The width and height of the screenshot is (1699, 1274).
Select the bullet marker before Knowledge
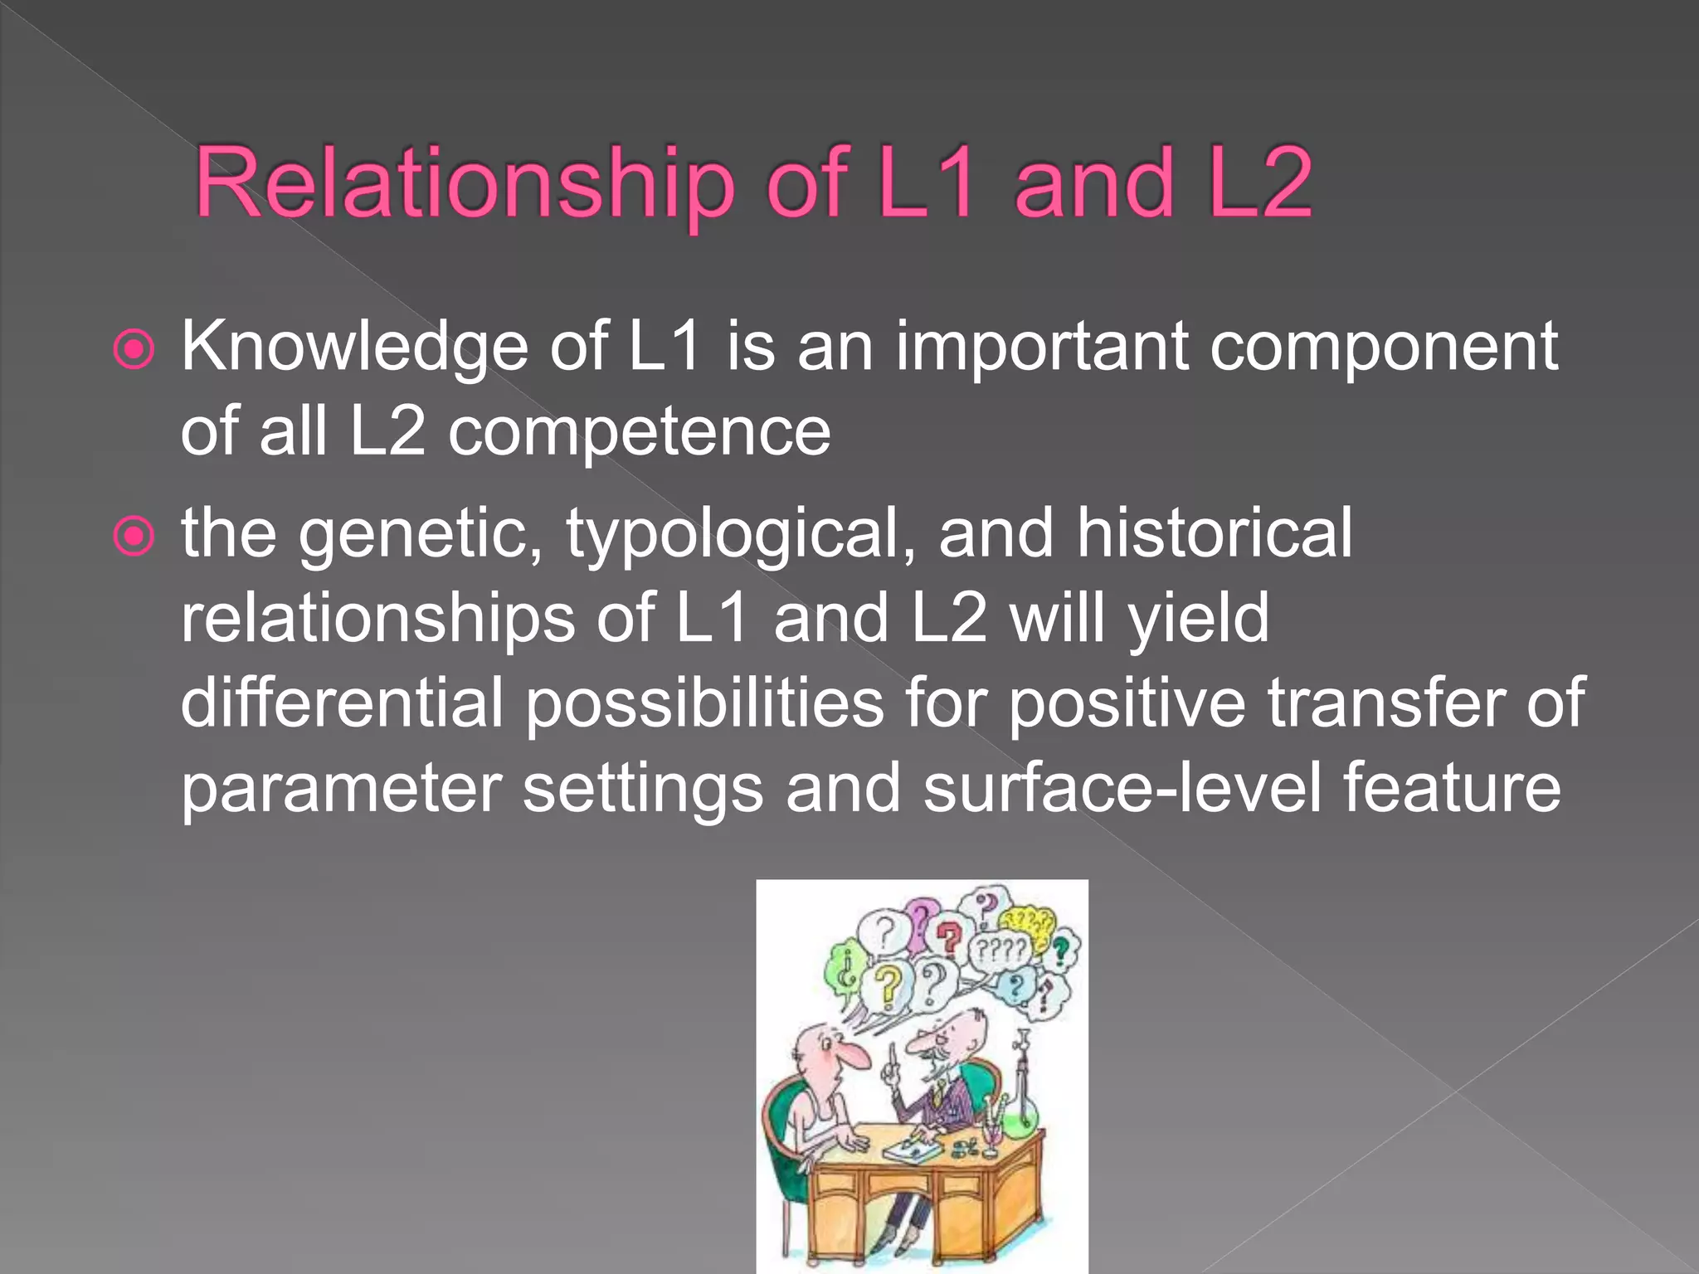coord(134,350)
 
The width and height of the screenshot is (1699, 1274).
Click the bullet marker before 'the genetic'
coord(134,536)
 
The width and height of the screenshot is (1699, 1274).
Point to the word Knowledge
coord(354,348)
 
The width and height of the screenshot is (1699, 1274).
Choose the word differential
coord(342,703)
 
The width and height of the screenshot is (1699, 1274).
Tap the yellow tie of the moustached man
coord(937,1097)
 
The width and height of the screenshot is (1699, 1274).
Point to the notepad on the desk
coord(910,1151)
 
